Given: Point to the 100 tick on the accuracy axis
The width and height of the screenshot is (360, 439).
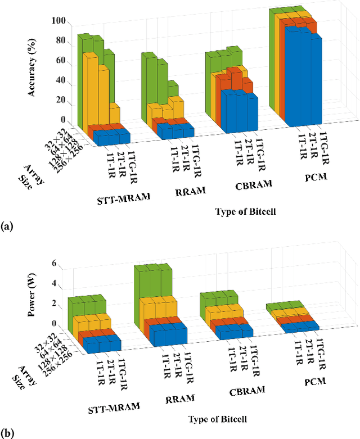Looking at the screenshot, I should click(x=58, y=21).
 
